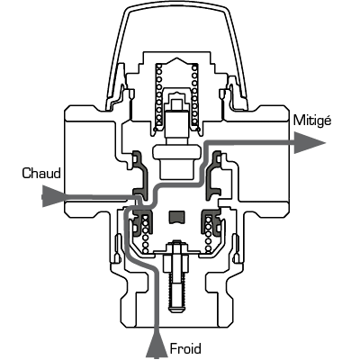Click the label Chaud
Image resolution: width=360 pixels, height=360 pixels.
click(x=41, y=173)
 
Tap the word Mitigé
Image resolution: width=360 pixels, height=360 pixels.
click(x=312, y=121)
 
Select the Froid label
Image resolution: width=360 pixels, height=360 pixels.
click(x=185, y=349)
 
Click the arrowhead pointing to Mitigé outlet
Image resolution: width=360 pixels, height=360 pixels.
click(x=310, y=143)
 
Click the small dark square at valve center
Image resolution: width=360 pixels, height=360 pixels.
click(x=175, y=218)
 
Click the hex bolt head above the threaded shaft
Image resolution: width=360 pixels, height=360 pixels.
click(x=175, y=245)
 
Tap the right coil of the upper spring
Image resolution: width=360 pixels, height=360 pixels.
click(x=194, y=96)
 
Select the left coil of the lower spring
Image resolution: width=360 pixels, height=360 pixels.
click(x=146, y=232)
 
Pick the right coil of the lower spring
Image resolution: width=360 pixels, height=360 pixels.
click(x=208, y=232)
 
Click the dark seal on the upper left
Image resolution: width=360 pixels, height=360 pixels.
click(x=140, y=176)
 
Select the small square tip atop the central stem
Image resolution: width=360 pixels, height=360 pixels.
click(x=175, y=103)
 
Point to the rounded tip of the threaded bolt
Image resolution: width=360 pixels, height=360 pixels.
click(x=175, y=309)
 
